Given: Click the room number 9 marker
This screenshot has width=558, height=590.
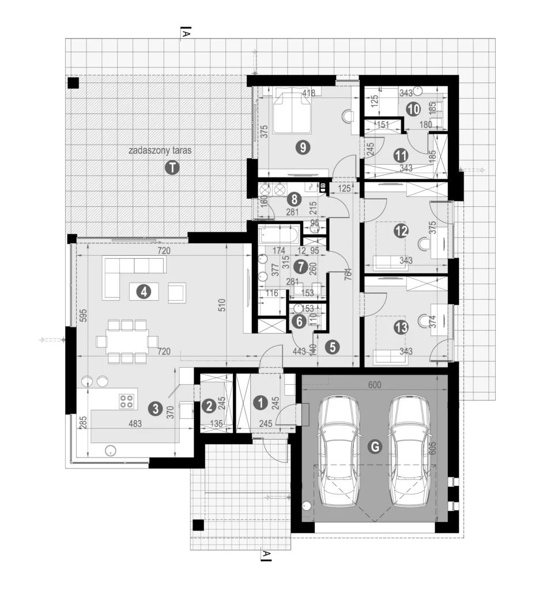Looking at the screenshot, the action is click(x=303, y=147).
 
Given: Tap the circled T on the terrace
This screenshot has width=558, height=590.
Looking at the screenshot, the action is click(x=172, y=168).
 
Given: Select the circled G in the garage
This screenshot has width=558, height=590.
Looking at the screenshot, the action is click(x=375, y=447).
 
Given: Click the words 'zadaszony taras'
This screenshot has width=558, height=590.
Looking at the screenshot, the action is click(x=160, y=150).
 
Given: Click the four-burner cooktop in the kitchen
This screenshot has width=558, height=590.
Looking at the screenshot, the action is click(x=126, y=401).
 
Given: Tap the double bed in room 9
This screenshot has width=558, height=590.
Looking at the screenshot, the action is click(x=292, y=110).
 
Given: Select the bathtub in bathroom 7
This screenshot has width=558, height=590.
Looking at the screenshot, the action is click(x=279, y=235).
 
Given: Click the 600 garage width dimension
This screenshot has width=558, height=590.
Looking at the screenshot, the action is click(x=375, y=384).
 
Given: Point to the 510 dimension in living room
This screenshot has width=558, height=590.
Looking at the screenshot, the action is click(x=222, y=305).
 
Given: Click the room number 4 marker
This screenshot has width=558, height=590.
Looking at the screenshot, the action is click(x=144, y=292).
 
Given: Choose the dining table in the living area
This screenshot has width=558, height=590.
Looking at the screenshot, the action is click(x=127, y=341).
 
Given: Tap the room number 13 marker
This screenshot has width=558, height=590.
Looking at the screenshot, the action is click(x=401, y=327).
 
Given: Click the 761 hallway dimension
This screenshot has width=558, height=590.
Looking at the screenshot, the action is click(x=348, y=274).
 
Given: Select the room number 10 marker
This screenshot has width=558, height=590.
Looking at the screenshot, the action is click(x=413, y=109).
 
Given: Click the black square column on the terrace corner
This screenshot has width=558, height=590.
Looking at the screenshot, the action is click(x=73, y=83).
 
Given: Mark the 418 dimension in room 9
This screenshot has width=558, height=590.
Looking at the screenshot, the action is click(x=309, y=93).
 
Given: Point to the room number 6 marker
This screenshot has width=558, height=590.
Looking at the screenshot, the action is click(x=299, y=322).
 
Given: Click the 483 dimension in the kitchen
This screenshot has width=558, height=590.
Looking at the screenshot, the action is click(x=135, y=423).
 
